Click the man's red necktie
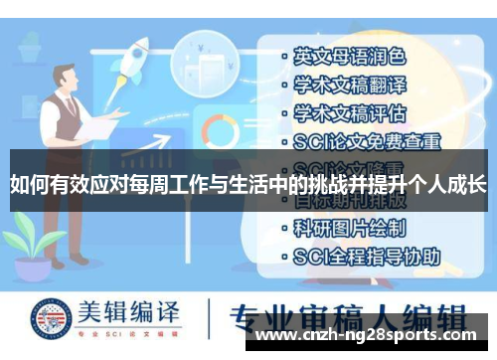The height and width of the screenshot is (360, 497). (70, 106)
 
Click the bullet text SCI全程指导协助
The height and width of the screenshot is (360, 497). (367, 256)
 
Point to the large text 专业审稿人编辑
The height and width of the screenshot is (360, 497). (347, 320)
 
